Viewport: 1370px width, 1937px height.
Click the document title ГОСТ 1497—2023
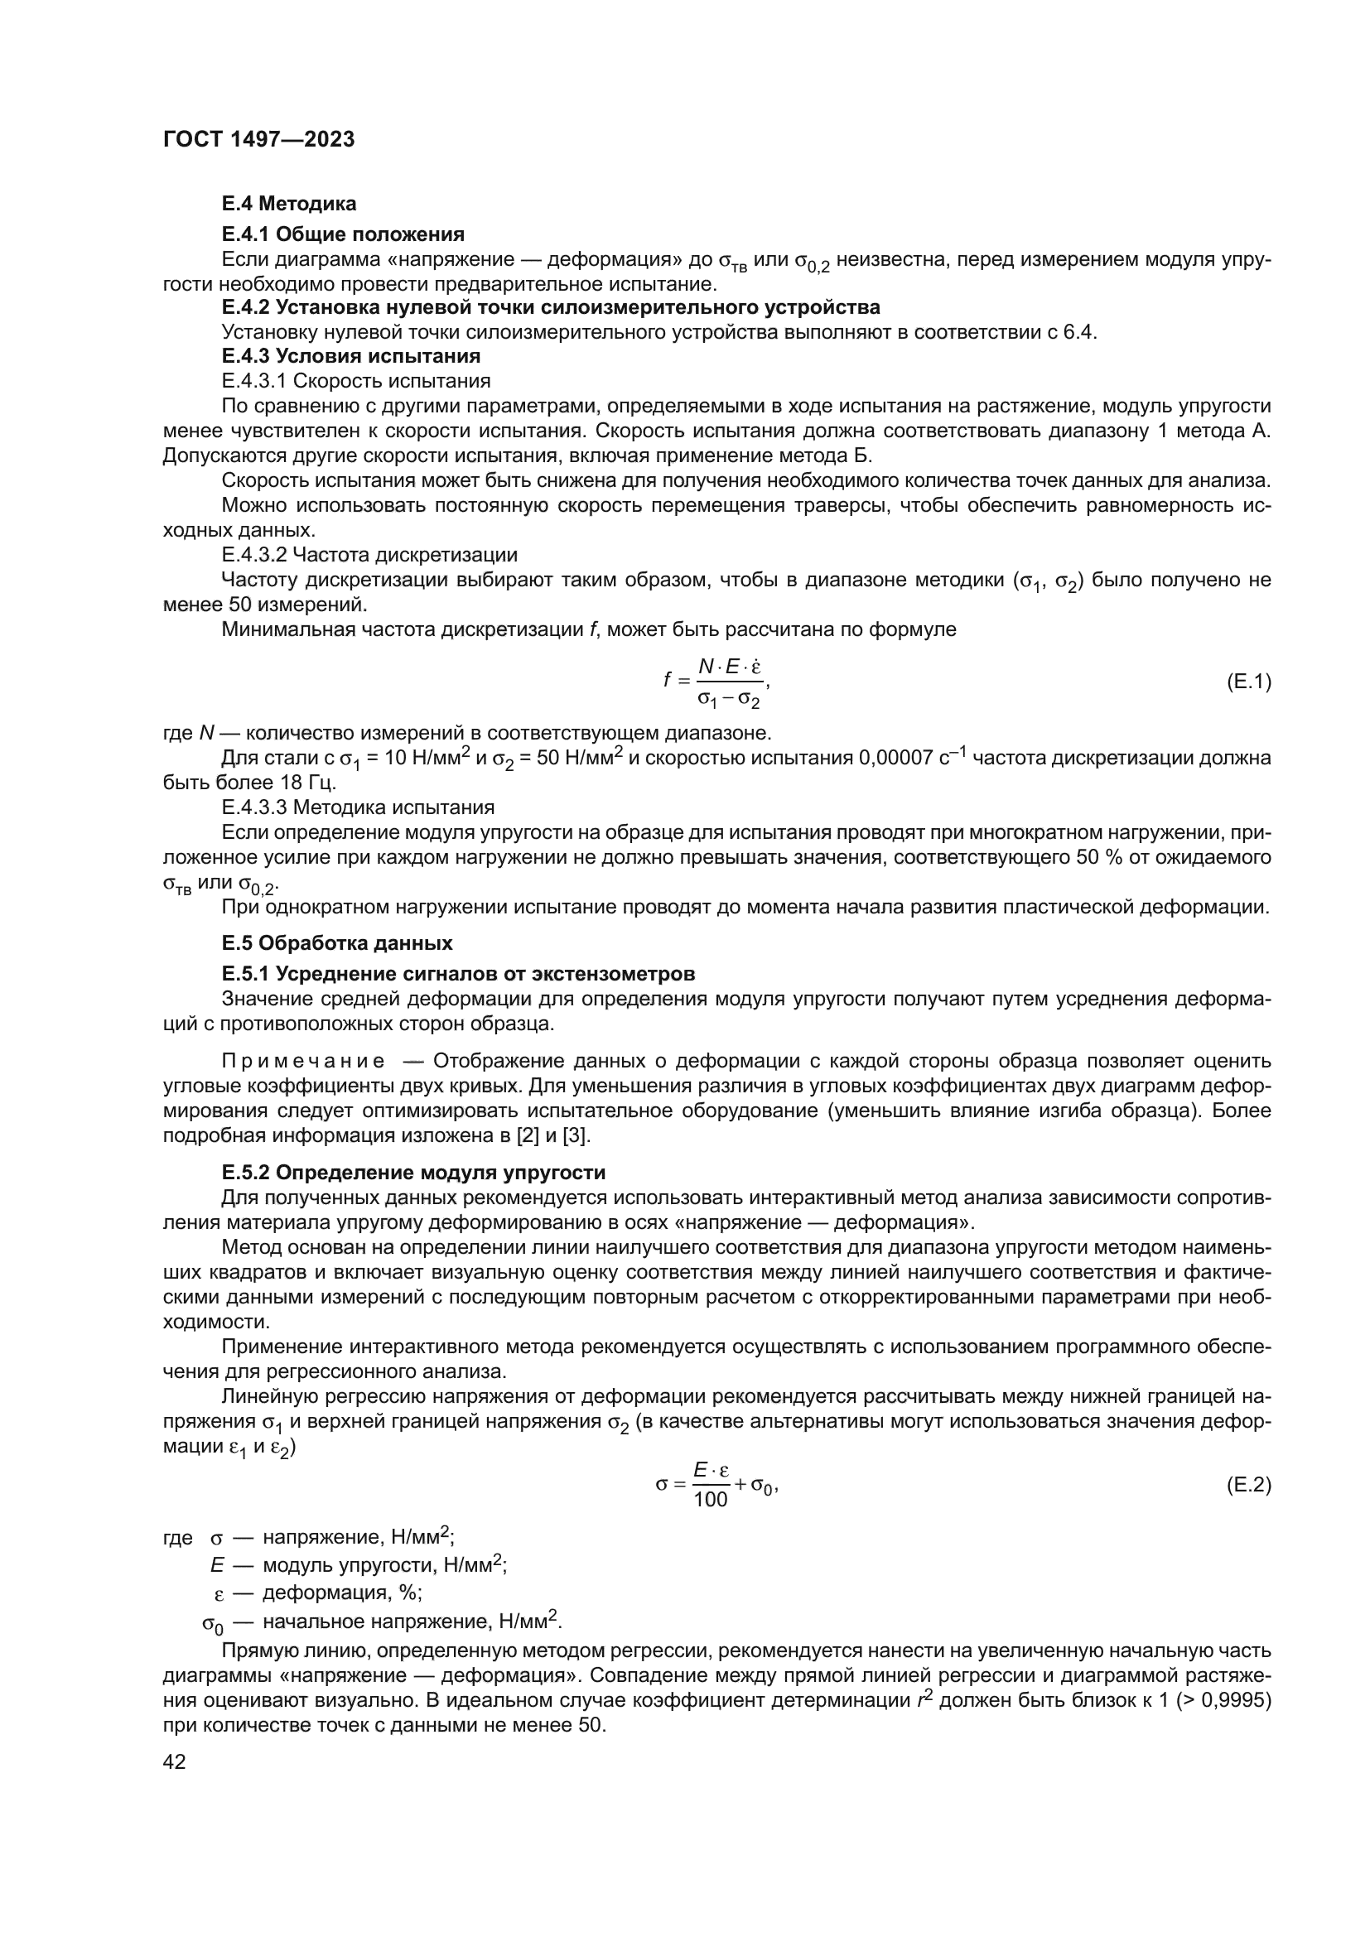point(258,140)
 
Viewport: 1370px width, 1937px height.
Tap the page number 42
point(174,1761)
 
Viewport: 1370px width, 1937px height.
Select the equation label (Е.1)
point(1247,682)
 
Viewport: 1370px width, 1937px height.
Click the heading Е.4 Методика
point(288,204)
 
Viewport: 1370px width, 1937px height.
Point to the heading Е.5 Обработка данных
point(336,942)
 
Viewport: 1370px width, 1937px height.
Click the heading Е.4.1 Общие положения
point(343,234)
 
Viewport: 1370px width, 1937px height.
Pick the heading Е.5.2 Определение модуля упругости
point(413,1172)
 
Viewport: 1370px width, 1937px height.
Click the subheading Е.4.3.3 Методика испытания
point(358,807)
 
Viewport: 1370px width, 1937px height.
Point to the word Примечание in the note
point(304,1061)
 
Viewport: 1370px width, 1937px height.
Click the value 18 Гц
point(308,782)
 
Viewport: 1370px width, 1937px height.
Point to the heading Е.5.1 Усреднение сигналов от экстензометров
point(458,974)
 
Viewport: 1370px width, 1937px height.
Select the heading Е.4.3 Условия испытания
point(351,355)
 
